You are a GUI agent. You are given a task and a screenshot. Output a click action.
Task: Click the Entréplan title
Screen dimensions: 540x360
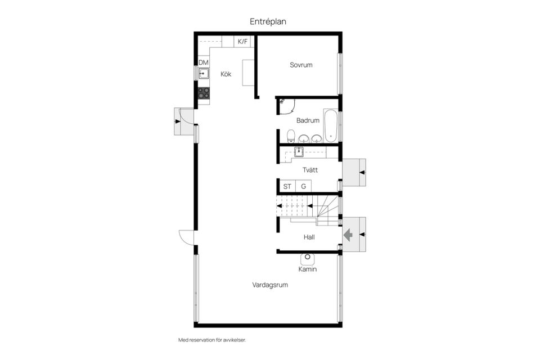point(268,22)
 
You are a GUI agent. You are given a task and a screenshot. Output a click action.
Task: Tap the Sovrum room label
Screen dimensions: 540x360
point(301,65)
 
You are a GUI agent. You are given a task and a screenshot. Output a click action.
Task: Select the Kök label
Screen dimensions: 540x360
point(226,74)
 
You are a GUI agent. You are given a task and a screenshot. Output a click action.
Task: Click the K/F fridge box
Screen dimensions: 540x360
point(242,42)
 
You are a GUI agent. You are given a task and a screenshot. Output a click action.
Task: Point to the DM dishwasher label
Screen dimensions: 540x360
point(204,62)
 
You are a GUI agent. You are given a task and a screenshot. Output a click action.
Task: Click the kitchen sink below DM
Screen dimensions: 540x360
point(204,73)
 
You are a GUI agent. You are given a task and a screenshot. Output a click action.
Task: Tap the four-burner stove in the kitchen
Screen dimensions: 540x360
point(204,93)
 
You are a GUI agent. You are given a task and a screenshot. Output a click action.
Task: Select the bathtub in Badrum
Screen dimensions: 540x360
point(330,125)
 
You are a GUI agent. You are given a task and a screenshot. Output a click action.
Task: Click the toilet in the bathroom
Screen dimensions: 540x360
point(291,136)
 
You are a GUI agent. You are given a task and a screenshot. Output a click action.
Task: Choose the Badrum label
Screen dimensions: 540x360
point(308,120)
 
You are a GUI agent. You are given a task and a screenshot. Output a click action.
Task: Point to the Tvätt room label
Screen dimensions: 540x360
point(310,170)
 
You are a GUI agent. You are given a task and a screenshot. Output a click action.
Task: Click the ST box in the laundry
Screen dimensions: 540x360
point(287,186)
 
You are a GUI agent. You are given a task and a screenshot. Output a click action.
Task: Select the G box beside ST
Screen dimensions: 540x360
point(303,186)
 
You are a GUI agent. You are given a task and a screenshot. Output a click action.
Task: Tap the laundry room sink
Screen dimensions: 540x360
point(299,151)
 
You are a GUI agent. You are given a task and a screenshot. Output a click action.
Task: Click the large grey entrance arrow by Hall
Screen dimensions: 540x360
point(348,235)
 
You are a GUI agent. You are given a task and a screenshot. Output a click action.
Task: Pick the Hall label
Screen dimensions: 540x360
point(309,237)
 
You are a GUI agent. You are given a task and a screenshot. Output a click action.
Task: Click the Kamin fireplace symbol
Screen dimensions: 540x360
point(308,258)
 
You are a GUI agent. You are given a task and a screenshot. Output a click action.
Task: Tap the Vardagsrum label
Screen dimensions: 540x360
point(270,285)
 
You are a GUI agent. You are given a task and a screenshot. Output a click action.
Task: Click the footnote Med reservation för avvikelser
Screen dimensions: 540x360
point(212,340)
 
